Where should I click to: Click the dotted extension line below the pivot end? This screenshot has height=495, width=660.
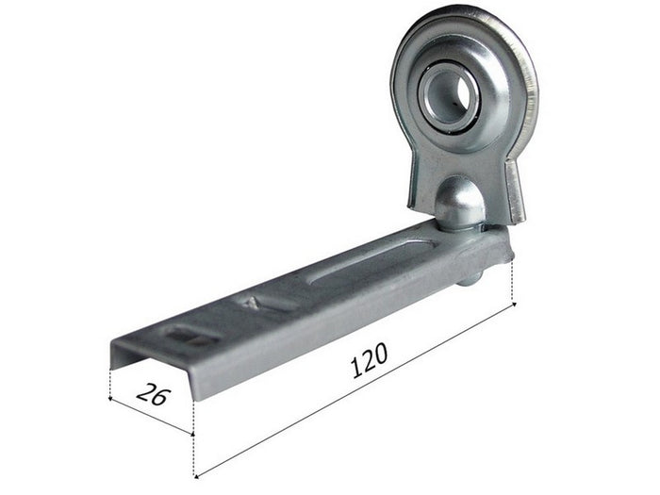tap(515, 283)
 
